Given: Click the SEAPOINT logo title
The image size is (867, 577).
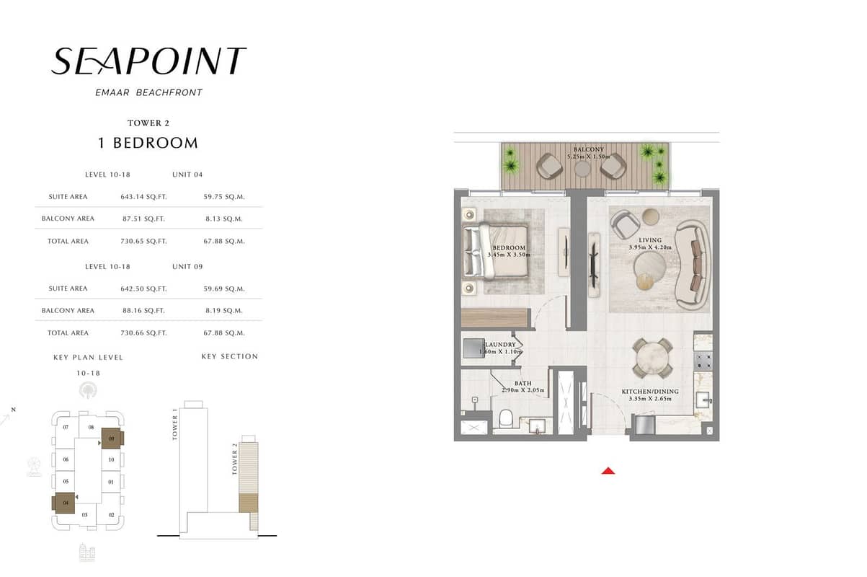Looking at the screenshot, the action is click(x=148, y=61).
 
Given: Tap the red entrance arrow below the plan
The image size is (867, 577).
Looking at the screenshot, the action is click(x=608, y=471).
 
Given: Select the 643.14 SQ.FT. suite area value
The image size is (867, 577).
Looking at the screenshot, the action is click(x=143, y=197).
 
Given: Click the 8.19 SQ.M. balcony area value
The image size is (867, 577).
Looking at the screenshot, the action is click(x=224, y=311).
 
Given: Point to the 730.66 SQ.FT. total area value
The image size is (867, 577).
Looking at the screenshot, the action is click(x=143, y=333).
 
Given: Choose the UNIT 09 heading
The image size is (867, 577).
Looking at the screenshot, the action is click(x=187, y=266).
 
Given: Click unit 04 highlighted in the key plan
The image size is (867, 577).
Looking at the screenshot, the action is click(x=64, y=503).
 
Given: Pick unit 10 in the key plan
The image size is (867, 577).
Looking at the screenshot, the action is click(x=111, y=459).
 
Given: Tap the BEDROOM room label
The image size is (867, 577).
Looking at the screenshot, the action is click(x=509, y=248).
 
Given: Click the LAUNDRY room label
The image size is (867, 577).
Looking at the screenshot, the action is click(x=500, y=344).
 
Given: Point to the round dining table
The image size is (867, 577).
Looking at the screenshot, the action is click(x=652, y=358).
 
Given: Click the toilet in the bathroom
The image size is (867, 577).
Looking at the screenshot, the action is click(x=506, y=418).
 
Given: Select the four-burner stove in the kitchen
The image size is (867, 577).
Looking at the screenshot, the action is click(x=703, y=361).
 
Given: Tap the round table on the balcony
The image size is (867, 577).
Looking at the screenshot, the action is click(x=582, y=169).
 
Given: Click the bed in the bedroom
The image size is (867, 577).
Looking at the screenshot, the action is click(x=496, y=251).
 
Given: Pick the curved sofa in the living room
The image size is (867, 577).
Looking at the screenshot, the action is click(x=693, y=265).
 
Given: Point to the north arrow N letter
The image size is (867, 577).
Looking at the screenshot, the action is click(x=14, y=410).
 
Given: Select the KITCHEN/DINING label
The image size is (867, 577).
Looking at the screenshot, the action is click(x=650, y=392).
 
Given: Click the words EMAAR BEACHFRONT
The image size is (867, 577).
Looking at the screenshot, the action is click(x=149, y=92).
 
